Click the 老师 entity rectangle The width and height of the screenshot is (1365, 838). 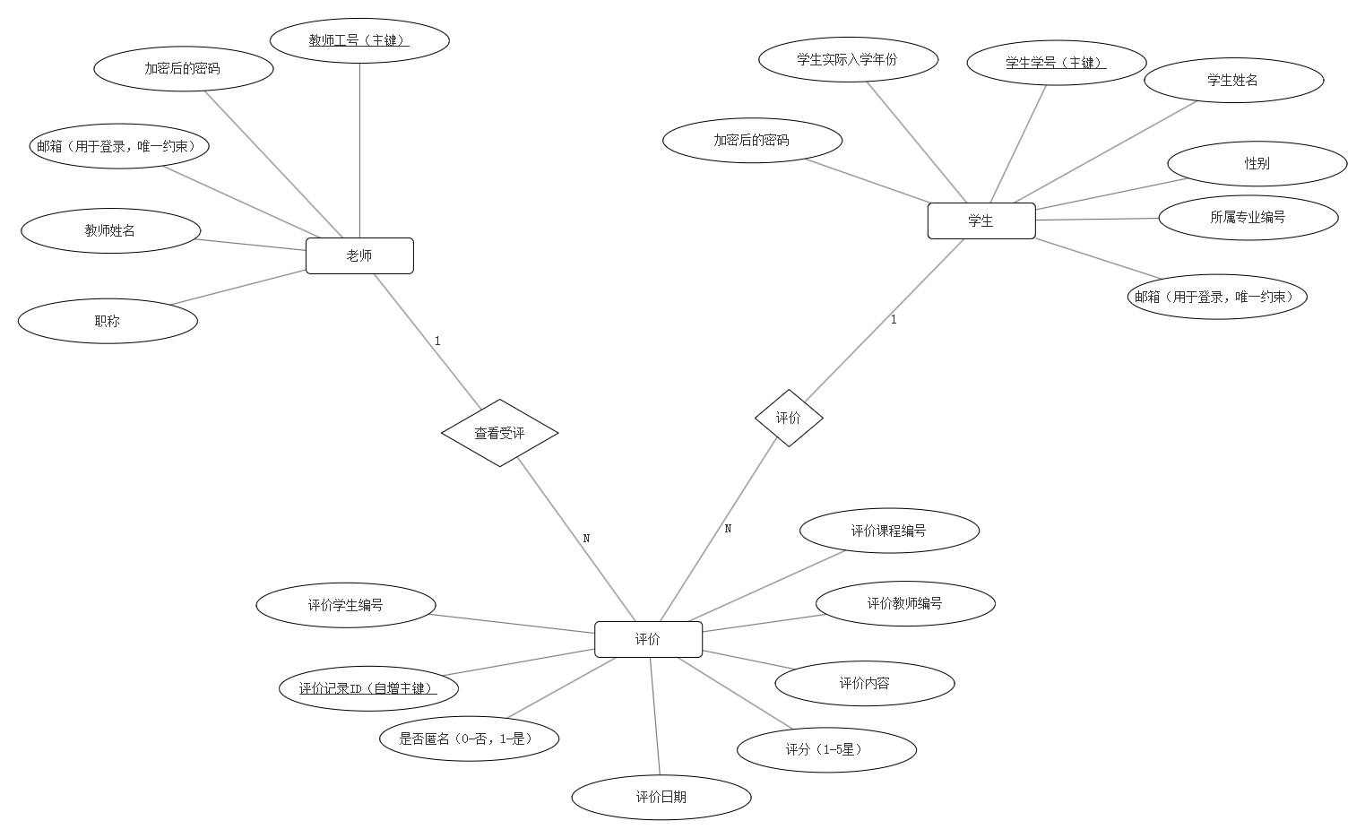pyautogui.click(x=359, y=255)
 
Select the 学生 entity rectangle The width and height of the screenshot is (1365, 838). pyautogui.click(x=981, y=220)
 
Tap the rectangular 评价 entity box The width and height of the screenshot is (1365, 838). pyautogui.click(x=648, y=639)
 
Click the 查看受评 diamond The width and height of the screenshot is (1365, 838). pyautogui.click(x=499, y=433)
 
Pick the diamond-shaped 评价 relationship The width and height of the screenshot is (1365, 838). pyautogui.click(x=789, y=418)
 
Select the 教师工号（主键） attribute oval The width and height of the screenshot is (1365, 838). pyautogui.click(x=359, y=40)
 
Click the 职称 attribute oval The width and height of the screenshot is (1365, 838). pyautogui.click(x=108, y=321)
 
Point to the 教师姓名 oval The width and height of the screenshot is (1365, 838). pyautogui.click(x=110, y=231)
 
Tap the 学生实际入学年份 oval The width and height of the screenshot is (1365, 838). pyautogui.click(x=848, y=60)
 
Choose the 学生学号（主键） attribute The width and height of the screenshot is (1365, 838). pyautogui.click(x=1056, y=63)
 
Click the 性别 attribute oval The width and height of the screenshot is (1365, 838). pyautogui.click(x=1257, y=164)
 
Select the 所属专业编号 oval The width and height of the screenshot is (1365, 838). pyautogui.click(x=1248, y=217)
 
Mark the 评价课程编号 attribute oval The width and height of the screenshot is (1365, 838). pyautogui.click(x=889, y=531)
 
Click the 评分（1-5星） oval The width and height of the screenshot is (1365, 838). pyautogui.click(x=826, y=749)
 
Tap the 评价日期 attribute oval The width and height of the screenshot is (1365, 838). pyautogui.click(x=661, y=797)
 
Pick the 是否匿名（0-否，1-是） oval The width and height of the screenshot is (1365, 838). pyautogui.click(x=470, y=739)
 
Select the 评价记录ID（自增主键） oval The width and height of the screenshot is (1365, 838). pyautogui.click(x=368, y=688)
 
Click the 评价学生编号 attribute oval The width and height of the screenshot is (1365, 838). pyautogui.click(x=346, y=605)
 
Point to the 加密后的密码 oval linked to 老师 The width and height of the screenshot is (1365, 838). pyautogui.click(x=183, y=69)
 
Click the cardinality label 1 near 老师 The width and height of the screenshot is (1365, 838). pyautogui.click(x=437, y=341)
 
